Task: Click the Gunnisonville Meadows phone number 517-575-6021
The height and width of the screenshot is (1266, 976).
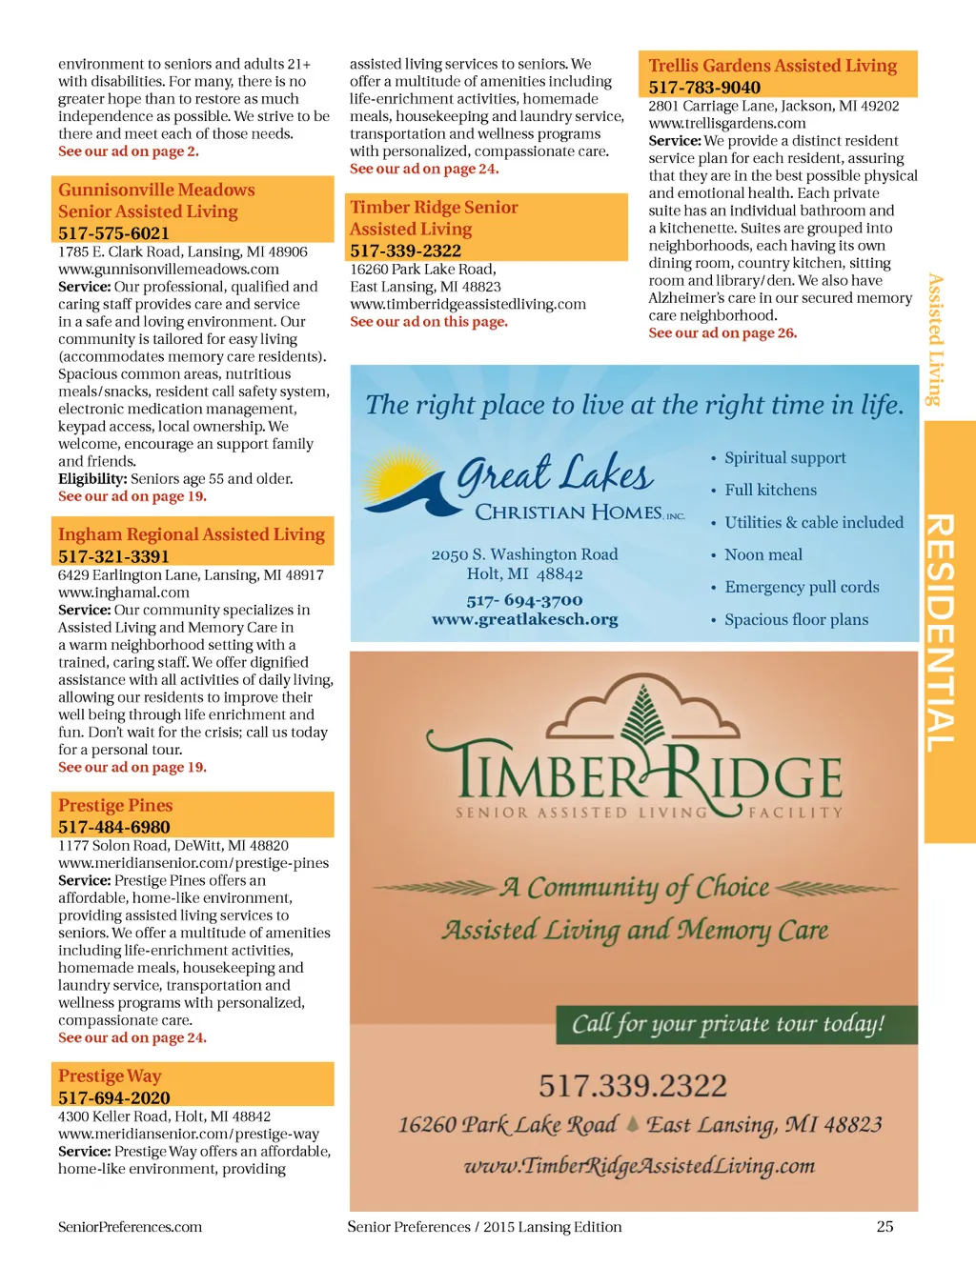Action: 113,233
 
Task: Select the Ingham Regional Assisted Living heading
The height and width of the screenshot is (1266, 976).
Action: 192,534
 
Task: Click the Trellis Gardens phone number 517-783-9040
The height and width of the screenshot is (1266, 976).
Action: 704,88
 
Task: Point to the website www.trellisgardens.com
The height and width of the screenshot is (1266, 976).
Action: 727,123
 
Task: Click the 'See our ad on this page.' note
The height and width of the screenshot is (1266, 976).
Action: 429,322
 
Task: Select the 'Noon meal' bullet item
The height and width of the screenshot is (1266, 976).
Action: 763,554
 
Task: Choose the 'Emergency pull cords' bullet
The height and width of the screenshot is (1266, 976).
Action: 802,587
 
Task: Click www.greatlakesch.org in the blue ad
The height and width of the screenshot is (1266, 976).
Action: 524,619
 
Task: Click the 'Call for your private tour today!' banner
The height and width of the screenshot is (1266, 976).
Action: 728,1024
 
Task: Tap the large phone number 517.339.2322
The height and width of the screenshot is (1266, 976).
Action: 633,1085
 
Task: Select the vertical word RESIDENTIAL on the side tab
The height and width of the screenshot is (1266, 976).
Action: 941,633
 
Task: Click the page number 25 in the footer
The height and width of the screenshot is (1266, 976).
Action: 884,1227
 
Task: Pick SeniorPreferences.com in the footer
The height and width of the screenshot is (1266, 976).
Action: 130,1227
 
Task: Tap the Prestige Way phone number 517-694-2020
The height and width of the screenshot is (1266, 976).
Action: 113,1097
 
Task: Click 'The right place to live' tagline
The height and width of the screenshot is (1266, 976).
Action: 635,405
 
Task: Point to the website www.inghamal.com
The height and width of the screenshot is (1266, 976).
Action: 124,593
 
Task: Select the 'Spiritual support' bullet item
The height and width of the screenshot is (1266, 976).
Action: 784,457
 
